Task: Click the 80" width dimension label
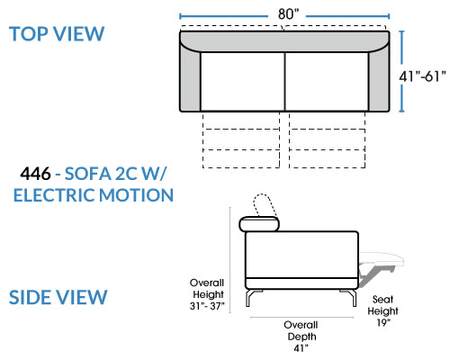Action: pos(288,13)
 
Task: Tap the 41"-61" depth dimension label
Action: pos(422,76)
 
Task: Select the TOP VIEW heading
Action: pos(57,33)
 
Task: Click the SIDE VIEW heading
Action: pos(58,297)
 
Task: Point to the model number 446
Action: pos(35,174)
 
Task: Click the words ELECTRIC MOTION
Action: pos(94,195)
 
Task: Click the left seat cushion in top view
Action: pos(242,82)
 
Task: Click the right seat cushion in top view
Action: pos(327,82)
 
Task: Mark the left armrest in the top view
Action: pos(190,79)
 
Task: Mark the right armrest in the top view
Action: pos(379,79)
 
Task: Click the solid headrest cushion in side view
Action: pos(259,224)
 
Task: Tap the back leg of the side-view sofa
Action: pos(252,298)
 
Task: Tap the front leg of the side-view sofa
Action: pos(349,298)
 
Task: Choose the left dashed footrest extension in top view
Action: pos(241,139)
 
